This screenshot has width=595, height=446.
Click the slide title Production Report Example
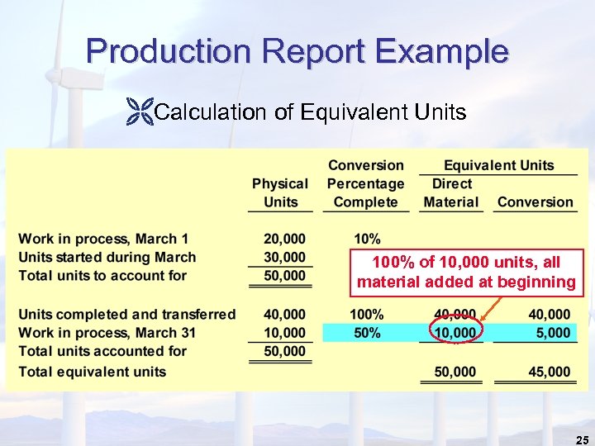click(297, 51)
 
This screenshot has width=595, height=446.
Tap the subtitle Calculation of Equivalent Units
click(310, 112)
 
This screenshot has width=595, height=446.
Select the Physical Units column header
click(280, 192)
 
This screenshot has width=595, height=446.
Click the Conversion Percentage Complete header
click(365, 183)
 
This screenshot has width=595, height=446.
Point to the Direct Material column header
click(451, 192)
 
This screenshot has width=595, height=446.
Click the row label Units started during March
click(107, 258)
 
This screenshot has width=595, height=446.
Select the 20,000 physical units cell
click(284, 240)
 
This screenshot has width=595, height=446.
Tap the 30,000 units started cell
click(284, 258)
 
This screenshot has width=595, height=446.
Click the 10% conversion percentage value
click(367, 240)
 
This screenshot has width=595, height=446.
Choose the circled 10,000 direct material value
click(455, 333)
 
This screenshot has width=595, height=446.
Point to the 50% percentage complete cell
click(367, 333)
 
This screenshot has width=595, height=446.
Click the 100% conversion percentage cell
click(367, 315)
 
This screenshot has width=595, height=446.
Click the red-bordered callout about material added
click(466, 273)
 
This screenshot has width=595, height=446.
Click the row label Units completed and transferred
click(126, 315)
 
